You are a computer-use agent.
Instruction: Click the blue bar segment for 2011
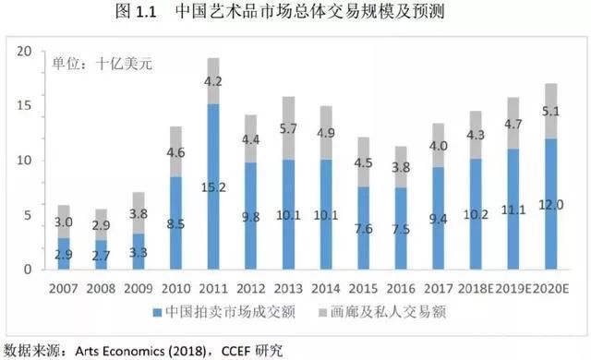point(213,186)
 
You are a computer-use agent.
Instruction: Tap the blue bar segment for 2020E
point(552,204)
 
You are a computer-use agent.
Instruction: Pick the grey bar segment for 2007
point(64,221)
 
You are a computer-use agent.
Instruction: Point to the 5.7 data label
point(290,128)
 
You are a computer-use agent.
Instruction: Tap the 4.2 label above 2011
point(213,80)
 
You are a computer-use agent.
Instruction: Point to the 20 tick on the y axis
point(25,52)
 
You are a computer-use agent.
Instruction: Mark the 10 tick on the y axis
point(25,161)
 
